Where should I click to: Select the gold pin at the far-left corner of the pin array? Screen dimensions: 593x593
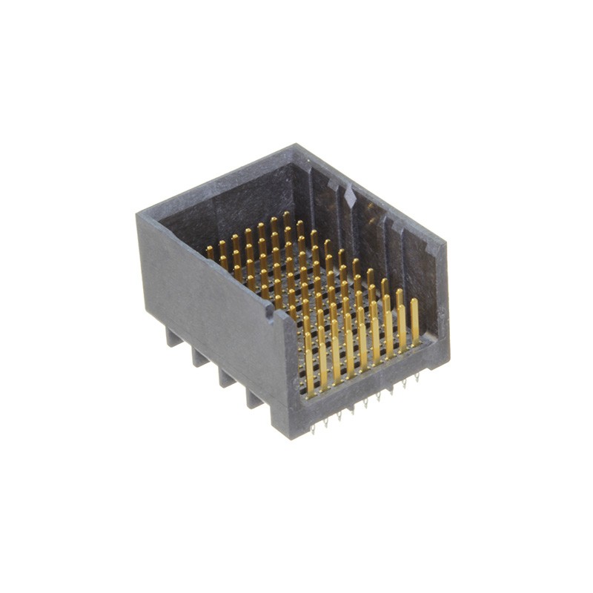point(210,252)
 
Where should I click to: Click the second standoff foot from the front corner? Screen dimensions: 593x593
point(227,377)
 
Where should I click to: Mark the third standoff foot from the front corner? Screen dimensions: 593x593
point(199,357)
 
